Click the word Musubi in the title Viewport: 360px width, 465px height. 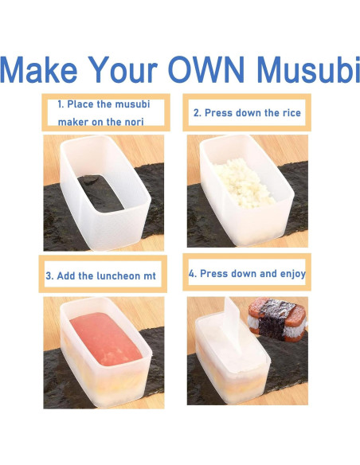(303, 70)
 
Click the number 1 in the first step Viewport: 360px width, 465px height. (60, 104)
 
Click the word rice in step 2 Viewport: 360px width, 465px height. (291, 113)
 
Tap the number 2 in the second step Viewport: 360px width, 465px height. (196, 113)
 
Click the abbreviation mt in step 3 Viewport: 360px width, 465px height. (149, 276)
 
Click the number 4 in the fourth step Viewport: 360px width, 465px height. (191, 273)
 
